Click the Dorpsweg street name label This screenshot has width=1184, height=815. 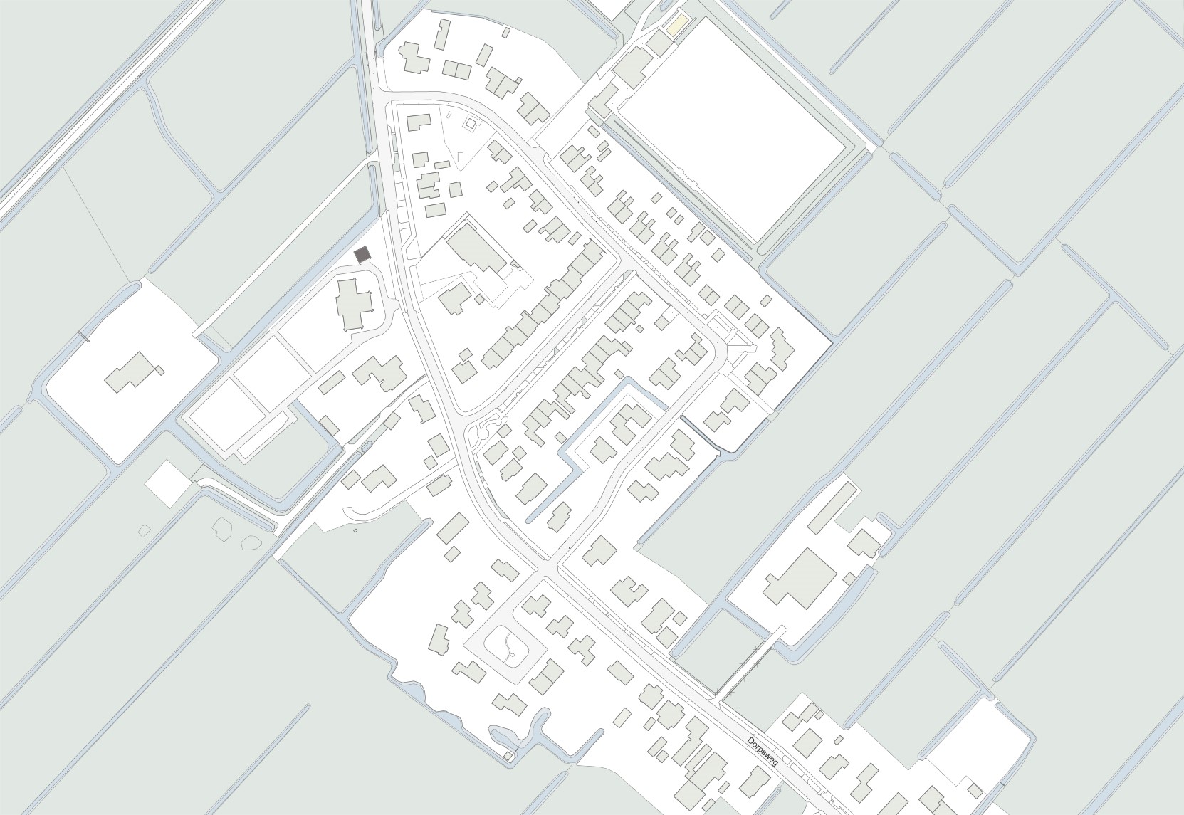[762, 752]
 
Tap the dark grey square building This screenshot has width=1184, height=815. [362, 254]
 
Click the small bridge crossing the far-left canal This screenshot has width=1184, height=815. [83, 335]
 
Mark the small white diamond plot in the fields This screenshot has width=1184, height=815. [167, 483]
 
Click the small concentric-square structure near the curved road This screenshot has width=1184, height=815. [469, 125]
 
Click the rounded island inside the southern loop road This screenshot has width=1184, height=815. [505, 648]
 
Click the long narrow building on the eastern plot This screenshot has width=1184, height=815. [831, 506]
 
